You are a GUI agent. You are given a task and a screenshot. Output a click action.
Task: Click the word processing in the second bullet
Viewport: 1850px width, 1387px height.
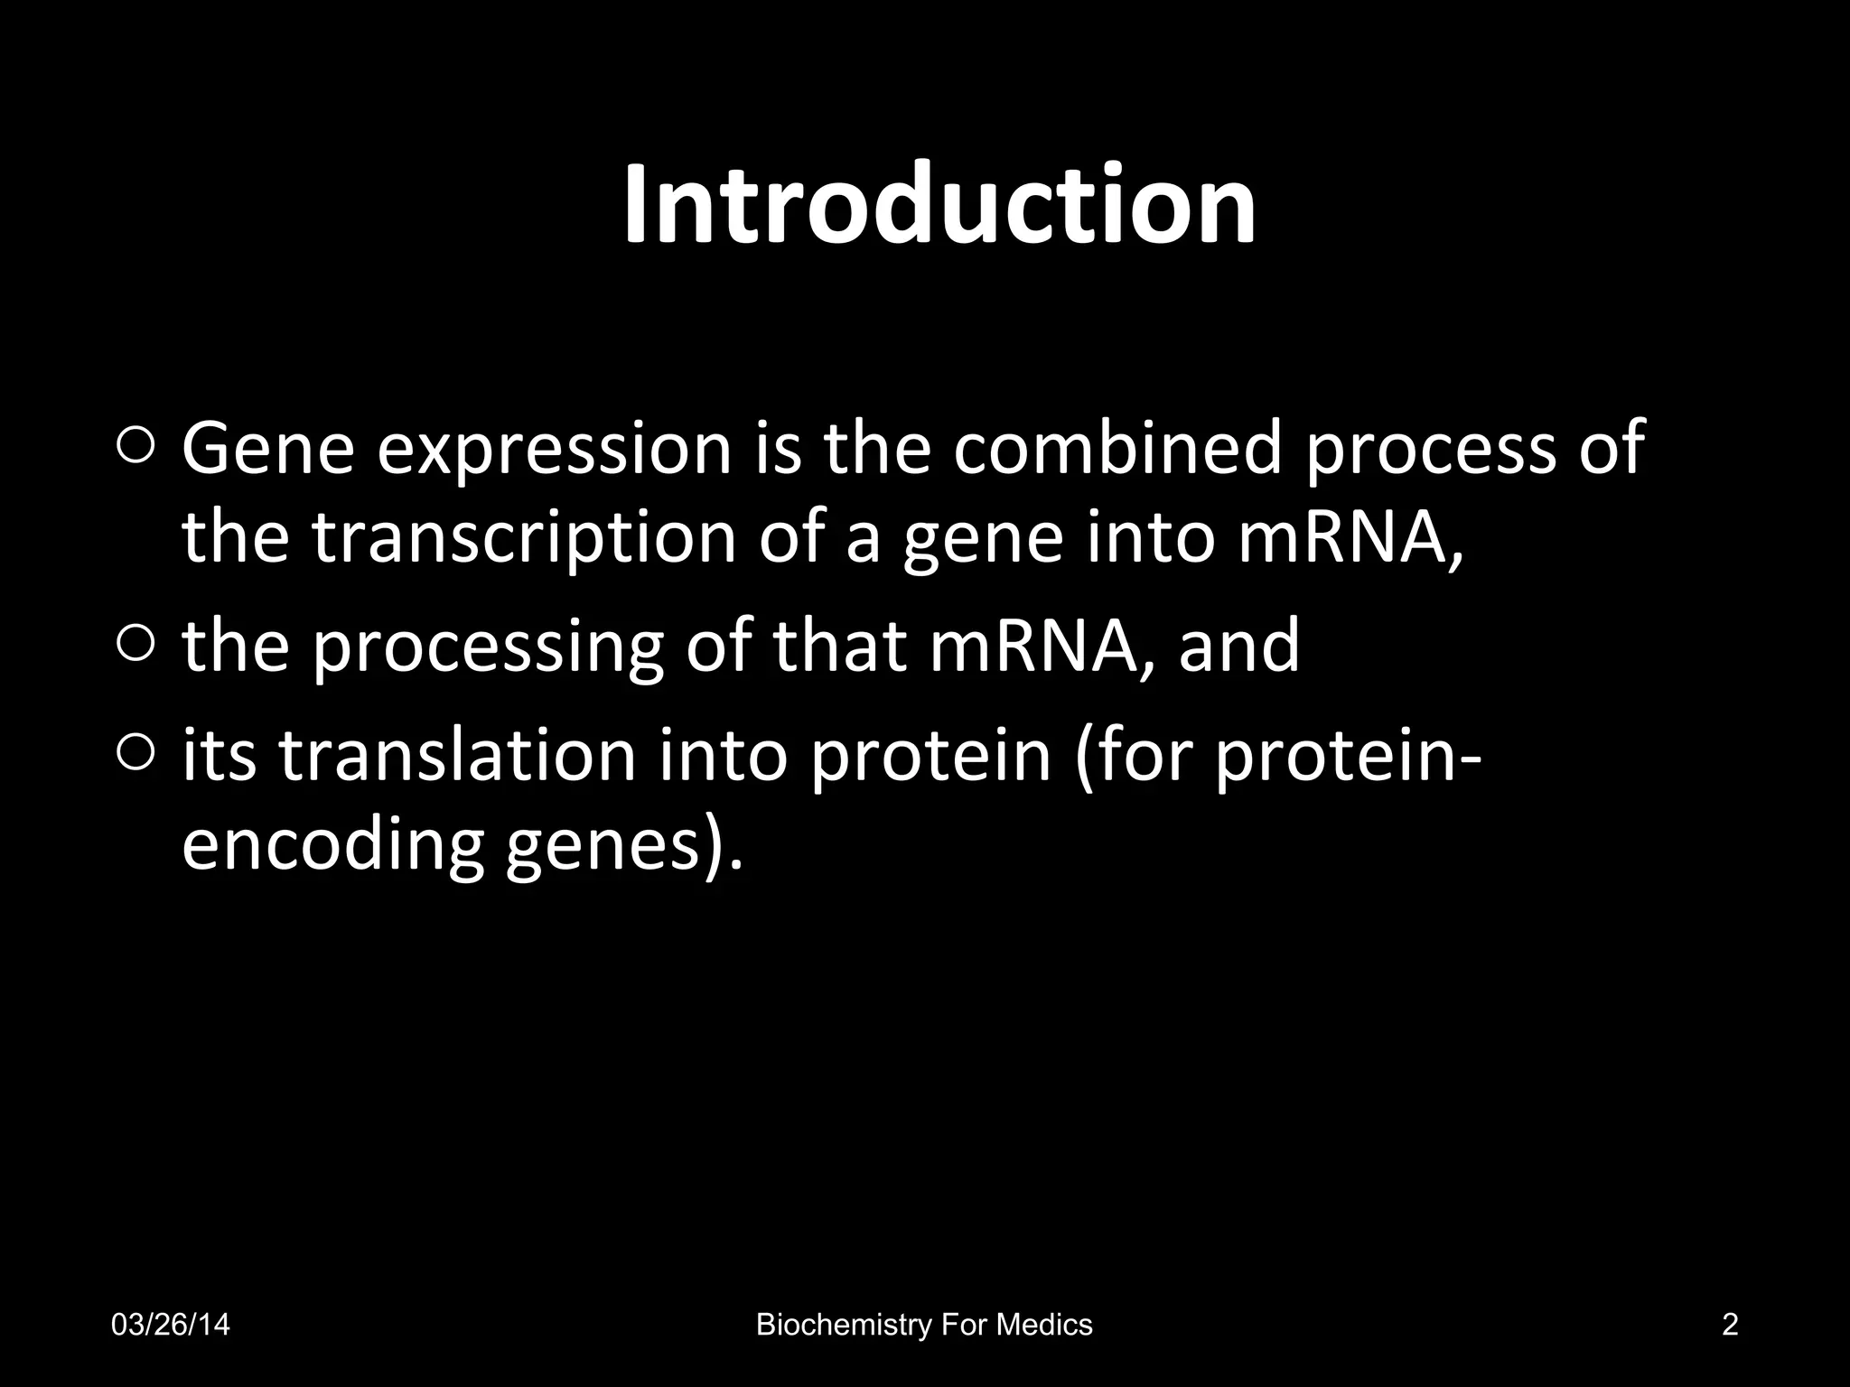[488, 648]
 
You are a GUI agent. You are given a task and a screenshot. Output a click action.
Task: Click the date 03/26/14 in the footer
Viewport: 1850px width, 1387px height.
[170, 1325]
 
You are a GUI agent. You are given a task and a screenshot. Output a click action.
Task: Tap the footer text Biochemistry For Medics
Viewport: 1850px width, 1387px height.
[924, 1325]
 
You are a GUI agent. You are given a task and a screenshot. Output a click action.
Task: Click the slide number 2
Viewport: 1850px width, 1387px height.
[1730, 1325]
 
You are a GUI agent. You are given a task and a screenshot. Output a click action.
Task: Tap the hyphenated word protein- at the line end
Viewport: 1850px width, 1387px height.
[1346, 759]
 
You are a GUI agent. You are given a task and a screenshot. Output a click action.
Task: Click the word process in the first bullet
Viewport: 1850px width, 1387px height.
[1432, 451]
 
